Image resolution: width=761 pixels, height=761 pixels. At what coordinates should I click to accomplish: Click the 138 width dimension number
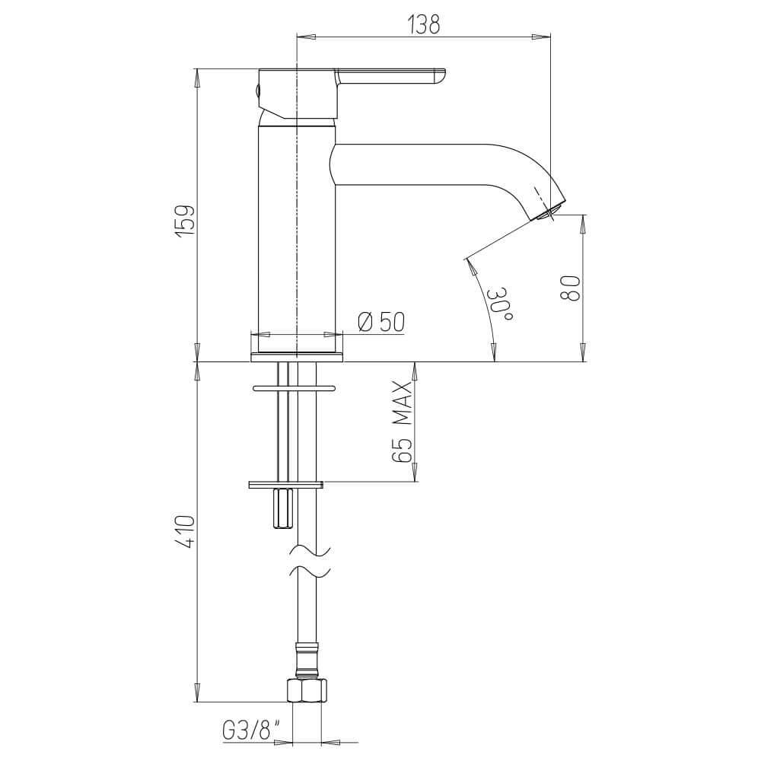coord(424,25)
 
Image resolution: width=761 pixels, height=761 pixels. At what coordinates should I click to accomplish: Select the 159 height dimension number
coord(186,221)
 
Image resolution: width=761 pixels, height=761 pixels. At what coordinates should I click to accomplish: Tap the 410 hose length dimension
coord(186,532)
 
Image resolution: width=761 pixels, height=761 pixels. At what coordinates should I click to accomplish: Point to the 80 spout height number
coord(570,288)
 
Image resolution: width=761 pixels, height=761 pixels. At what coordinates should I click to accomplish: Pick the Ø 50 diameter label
coord(381,321)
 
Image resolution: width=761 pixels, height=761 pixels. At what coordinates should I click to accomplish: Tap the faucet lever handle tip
coord(441,78)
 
